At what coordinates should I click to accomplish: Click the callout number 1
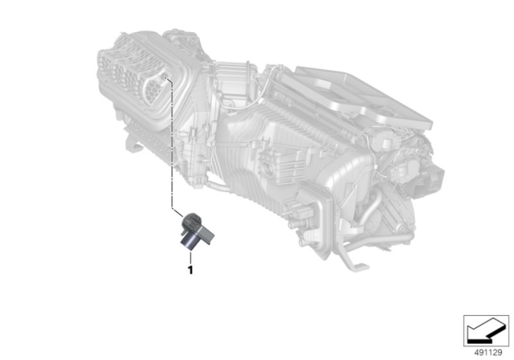coord(190,270)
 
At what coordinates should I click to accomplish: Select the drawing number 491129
coord(488,353)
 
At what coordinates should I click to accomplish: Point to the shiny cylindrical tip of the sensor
coord(190,244)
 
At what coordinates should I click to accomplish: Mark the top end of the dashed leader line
coord(166,77)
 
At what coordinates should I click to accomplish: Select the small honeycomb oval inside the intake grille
coord(153,88)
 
